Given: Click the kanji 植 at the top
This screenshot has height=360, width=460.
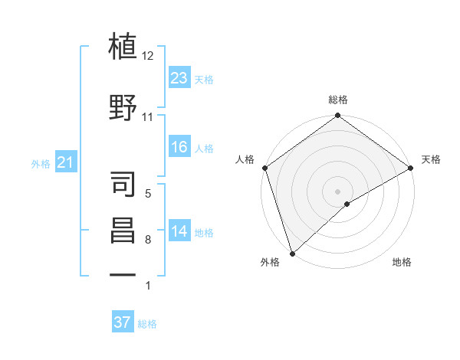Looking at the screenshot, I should [123, 47].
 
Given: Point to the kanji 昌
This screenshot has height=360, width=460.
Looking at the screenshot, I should [123, 231].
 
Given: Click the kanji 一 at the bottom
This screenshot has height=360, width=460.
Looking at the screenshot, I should [123, 274].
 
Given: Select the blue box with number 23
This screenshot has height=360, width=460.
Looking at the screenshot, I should [179, 78].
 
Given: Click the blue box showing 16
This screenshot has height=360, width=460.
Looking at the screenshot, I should [179, 147].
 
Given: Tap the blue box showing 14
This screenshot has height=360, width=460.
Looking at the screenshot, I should [179, 232].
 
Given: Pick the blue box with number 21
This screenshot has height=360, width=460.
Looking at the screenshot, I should [66, 163].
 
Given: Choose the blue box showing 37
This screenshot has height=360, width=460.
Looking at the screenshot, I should [122, 322].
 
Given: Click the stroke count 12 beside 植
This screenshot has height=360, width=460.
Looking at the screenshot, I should [148, 56].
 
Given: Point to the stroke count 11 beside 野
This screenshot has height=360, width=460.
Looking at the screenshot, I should [148, 117].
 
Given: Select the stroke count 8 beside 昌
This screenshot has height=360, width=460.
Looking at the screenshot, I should [148, 241].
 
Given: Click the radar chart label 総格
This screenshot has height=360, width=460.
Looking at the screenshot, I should [338, 100].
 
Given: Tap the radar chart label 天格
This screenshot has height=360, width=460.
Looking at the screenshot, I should [431, 159].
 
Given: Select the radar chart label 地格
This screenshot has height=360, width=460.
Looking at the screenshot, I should [402, 262].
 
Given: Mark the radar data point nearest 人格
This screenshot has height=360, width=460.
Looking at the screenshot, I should [264, 168].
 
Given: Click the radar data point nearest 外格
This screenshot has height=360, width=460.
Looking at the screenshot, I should [292, 253].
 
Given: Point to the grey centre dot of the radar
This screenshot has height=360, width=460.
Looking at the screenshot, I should [338, 191].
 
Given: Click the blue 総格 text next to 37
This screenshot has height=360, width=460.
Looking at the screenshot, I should [147, 324].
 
